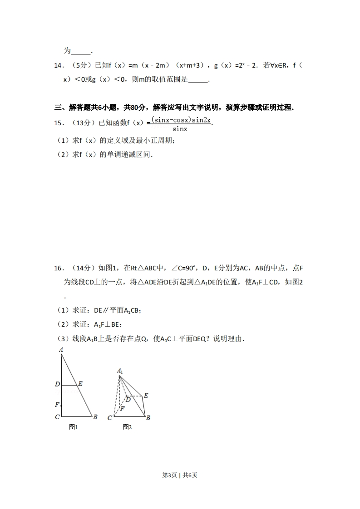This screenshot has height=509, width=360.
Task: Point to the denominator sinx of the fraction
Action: coord(180,129)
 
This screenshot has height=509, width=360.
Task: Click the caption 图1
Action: coord(74,427)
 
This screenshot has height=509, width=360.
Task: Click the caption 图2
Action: coord(127,427)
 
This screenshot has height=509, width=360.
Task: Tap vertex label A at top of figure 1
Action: coord(60,350)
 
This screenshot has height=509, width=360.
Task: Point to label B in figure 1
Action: coord(95,417)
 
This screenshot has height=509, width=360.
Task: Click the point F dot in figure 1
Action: coord(61,405)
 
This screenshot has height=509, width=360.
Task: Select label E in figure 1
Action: coord(80,384)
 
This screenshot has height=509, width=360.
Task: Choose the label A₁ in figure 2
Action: coord(120,371)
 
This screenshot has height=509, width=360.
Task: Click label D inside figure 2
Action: coord(128,399)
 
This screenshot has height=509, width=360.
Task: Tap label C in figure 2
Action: coord(109,418)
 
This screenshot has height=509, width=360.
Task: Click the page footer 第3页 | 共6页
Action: coord(180,475)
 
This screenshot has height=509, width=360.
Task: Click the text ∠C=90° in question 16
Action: coord(182,268)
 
